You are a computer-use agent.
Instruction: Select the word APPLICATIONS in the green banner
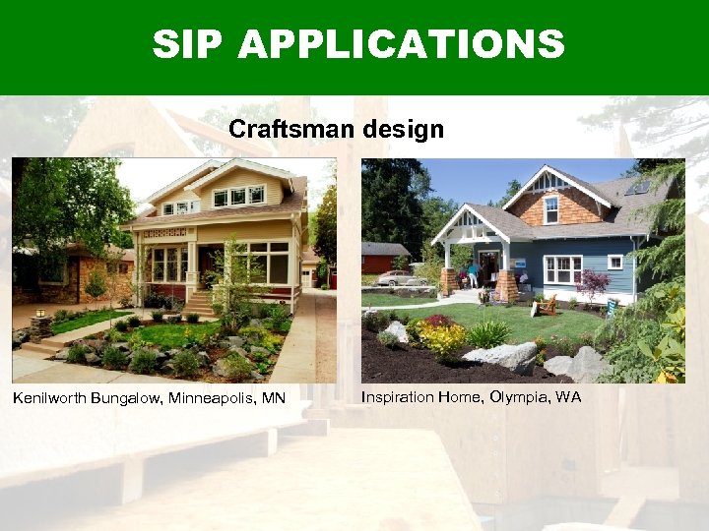[401, 44]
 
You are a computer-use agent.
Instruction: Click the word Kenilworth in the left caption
[48, 398]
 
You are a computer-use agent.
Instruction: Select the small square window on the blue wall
[615, 262]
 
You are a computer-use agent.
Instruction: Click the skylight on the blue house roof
[640, 187]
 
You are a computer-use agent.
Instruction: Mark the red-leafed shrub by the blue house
[593, 284]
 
